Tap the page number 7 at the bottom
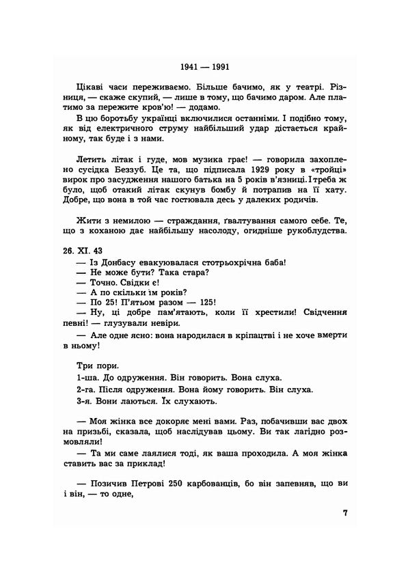point(345,513)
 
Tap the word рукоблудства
point(314,230)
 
